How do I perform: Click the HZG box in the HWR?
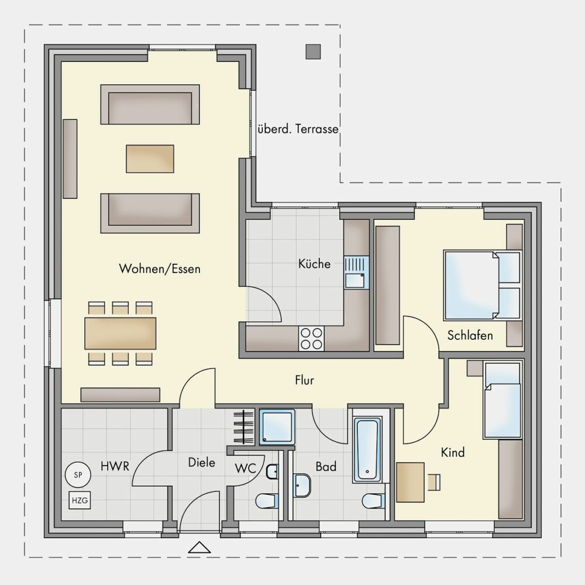pos(80,500)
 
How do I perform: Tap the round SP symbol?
pos(78,475)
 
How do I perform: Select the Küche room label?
pos(315,264)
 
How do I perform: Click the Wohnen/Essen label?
pos(160,269)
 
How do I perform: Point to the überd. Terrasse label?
pos(298,129)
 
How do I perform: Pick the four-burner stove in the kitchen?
pos(312,338)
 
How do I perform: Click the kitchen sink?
pos(357,273)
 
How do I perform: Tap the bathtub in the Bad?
pos(367,450)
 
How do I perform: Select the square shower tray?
pos(277,427)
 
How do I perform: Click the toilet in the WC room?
pos(267,501)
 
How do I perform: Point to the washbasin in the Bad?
pos(302,486)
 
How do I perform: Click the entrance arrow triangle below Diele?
pos(199,547)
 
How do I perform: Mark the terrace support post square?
pos(314,52)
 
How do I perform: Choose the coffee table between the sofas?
pos(150,159)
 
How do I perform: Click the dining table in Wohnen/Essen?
pos(121,333)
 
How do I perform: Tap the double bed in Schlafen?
pos(482,286)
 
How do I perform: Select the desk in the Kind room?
pos(411,482)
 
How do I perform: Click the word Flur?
pos(304,380)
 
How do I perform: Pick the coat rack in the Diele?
pos(243,427)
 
